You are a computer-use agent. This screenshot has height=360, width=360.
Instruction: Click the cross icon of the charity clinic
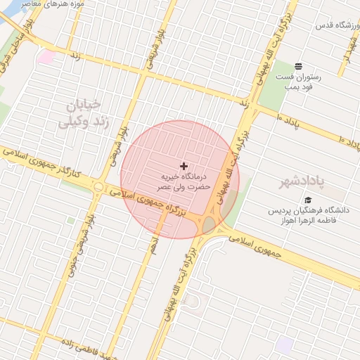(184, 167)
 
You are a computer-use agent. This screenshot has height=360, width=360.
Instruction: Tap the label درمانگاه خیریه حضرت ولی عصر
(184, 181)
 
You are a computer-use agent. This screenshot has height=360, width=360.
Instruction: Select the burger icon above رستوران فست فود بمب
(299, 66)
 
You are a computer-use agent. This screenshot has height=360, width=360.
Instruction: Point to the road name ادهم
(153, 244)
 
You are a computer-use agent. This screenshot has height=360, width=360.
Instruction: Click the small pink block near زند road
(47, 56)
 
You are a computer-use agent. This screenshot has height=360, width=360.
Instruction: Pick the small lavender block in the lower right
(284, 345)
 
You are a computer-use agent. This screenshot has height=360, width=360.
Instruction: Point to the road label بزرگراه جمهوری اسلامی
(159, 200)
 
